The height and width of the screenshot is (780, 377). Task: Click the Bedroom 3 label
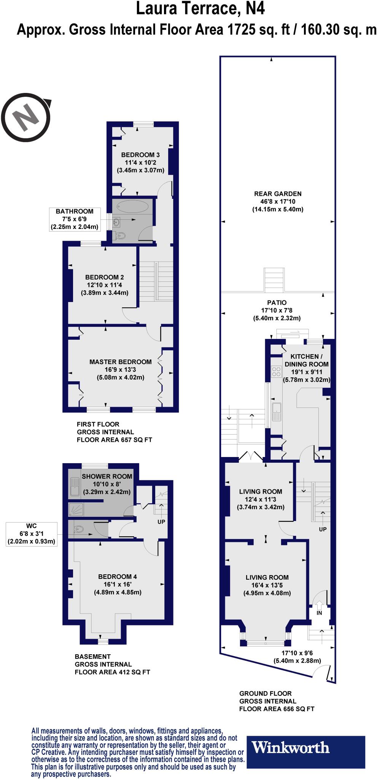point(140,155)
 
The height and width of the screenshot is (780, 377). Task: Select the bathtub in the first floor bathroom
point(132,207)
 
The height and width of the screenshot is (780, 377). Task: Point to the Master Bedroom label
point(121,362)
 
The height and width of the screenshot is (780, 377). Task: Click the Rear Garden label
point(278,194)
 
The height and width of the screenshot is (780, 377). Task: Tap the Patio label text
point(277,303)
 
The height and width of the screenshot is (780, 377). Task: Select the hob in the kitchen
point(276,372)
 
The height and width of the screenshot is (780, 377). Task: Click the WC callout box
point(32,534)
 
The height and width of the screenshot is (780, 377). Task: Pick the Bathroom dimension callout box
point(75,219)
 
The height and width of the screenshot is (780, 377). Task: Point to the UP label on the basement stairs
point(161,522)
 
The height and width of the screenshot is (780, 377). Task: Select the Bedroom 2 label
point(104,277)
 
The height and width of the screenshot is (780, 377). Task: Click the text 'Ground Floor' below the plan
point(266,693)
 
